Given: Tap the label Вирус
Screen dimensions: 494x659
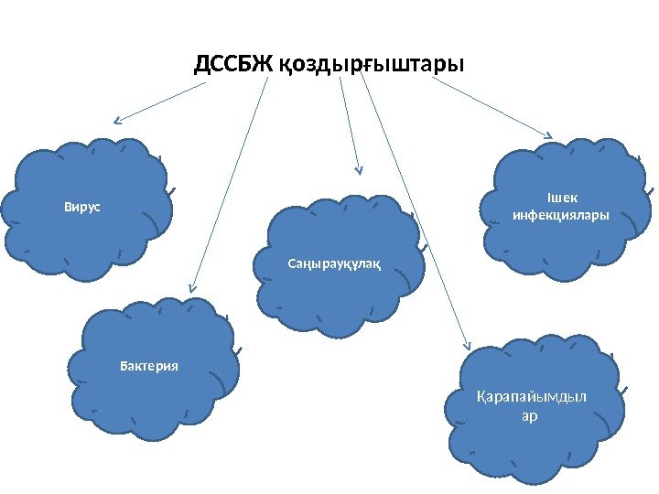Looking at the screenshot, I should [81, 208].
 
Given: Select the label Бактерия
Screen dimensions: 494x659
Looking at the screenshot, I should [149, 367].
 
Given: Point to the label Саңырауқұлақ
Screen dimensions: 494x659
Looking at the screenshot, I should [333, 265].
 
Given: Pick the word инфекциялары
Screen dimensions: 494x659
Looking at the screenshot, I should [561, 217].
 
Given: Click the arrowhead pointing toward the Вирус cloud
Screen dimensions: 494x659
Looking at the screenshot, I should [117, 121].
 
